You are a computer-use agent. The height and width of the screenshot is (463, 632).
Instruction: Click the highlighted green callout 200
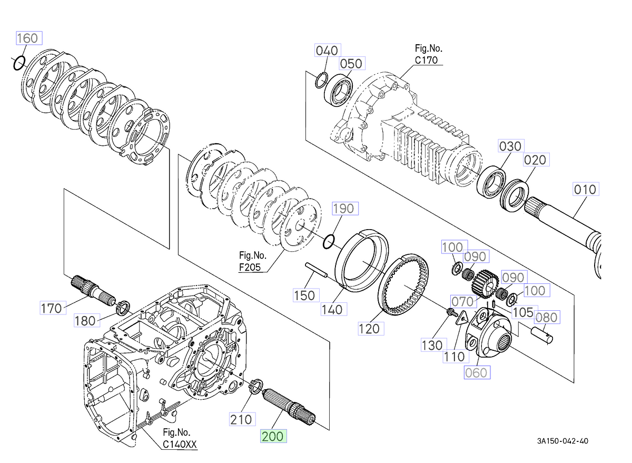[273, 436]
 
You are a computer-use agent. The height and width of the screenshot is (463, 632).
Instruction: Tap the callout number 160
[27, 38]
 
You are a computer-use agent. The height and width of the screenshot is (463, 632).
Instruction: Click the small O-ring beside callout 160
[18, 63]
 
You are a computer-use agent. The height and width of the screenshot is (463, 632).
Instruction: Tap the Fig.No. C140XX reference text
[179, 440]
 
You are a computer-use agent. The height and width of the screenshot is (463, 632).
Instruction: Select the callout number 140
[333, 309]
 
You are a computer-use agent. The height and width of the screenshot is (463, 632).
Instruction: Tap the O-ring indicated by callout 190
[329, 241]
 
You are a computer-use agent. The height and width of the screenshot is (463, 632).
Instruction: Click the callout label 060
[476, 372]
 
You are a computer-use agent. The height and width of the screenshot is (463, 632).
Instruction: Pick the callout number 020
[535, 159]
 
